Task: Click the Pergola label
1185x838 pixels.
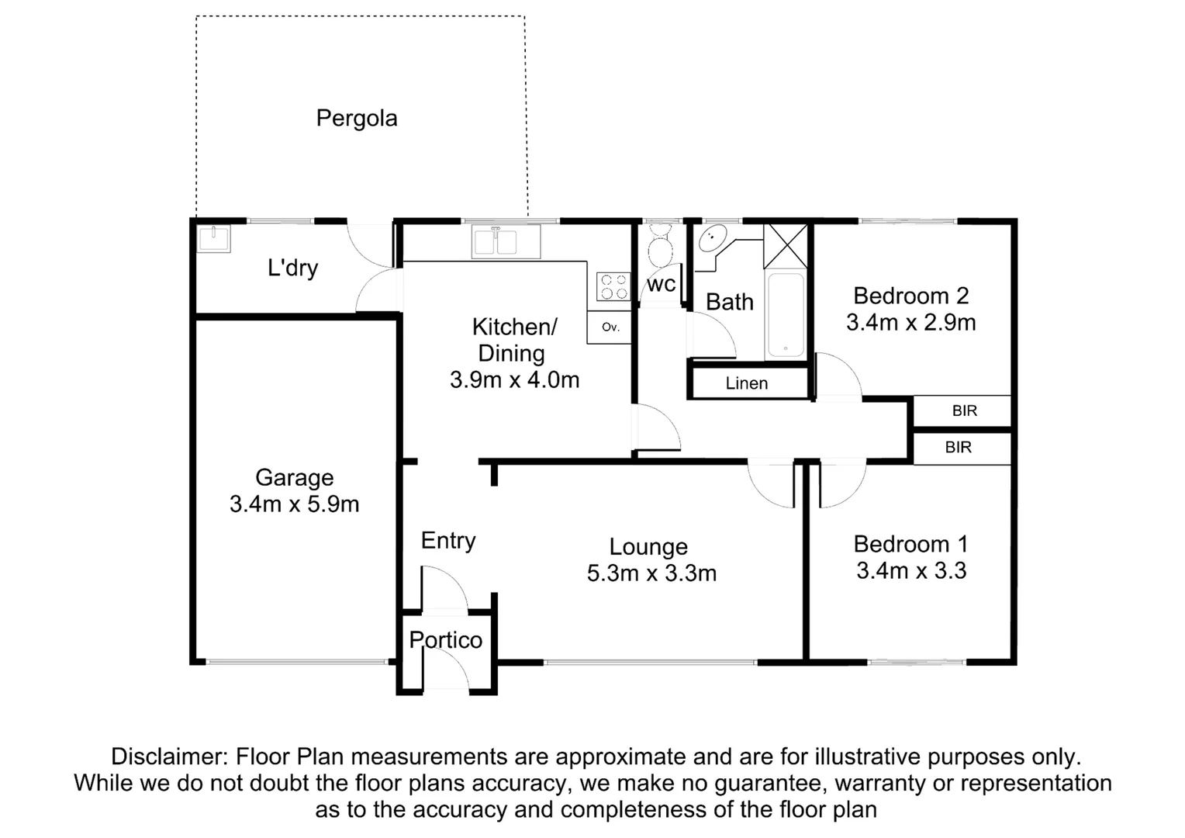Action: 357,119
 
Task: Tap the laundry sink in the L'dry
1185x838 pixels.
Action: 213,238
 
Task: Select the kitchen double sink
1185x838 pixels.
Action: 506,241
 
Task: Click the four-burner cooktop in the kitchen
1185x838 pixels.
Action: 613,287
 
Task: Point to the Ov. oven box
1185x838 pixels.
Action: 610,327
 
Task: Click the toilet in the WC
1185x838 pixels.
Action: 661,247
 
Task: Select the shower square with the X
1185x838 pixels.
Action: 786,246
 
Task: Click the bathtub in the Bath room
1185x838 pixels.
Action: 786,315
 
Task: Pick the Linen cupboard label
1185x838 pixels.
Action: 747,383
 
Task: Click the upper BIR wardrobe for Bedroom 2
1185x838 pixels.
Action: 964,411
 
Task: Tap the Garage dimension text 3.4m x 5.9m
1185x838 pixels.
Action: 295,504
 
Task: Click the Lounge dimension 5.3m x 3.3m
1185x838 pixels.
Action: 651,573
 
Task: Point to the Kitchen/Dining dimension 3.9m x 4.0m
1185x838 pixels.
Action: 514,380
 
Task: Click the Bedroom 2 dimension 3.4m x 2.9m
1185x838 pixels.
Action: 910,323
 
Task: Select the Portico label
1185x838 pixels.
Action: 446,640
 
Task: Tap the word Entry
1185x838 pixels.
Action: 448,541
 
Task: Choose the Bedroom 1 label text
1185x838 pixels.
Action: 910,544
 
